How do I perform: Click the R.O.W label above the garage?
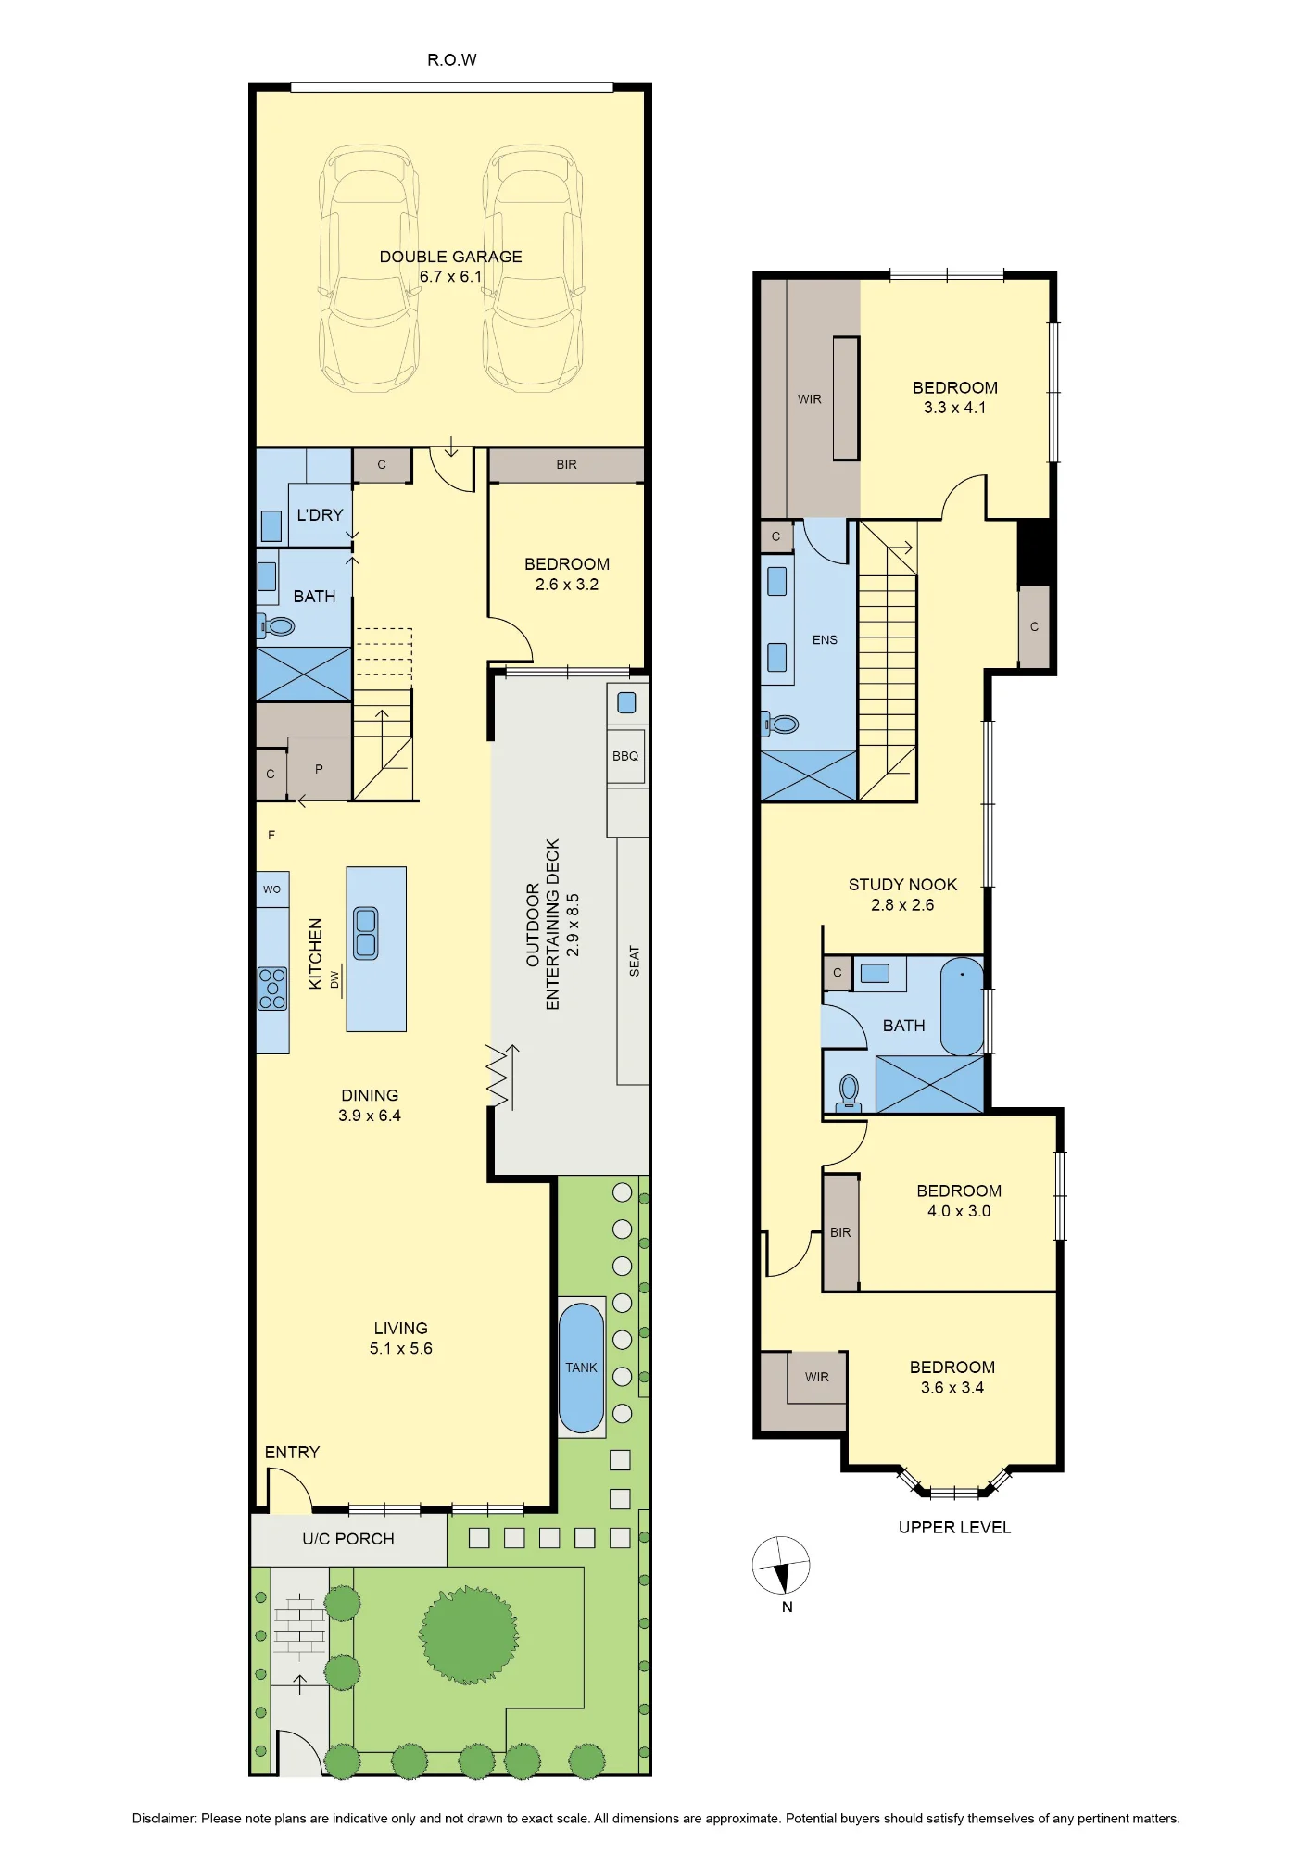click(x=451, y=60)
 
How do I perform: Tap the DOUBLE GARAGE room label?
click(x=450, y=257)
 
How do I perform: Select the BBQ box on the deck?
click(x=626, y=756)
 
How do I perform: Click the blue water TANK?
click(x=581, y=1368)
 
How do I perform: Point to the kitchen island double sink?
click(x=366, y=933)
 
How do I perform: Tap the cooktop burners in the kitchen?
click(x=272, y=989)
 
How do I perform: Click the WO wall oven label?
click(x=271, y=889)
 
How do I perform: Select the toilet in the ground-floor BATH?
click(x=276, y=626)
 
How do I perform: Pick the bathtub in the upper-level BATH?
click(x=962, y=1006)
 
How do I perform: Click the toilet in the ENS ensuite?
click(x=780, y=724)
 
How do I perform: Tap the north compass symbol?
click(x=781, y=1566)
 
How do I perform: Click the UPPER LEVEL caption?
click(x=954, y=1528)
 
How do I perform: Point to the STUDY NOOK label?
click(x=902, y=885)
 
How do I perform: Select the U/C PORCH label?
click(x=348, y=1539)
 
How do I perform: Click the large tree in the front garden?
click(x=469, y=1634)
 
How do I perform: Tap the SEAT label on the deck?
click(x=635, y=961)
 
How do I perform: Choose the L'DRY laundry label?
click(x=320, y=515)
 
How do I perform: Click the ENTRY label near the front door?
click(x=292, y=1453)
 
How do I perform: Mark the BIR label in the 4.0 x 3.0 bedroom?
click(x=840, y=1232)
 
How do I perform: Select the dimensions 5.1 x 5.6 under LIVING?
click(x=401, y=1349)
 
